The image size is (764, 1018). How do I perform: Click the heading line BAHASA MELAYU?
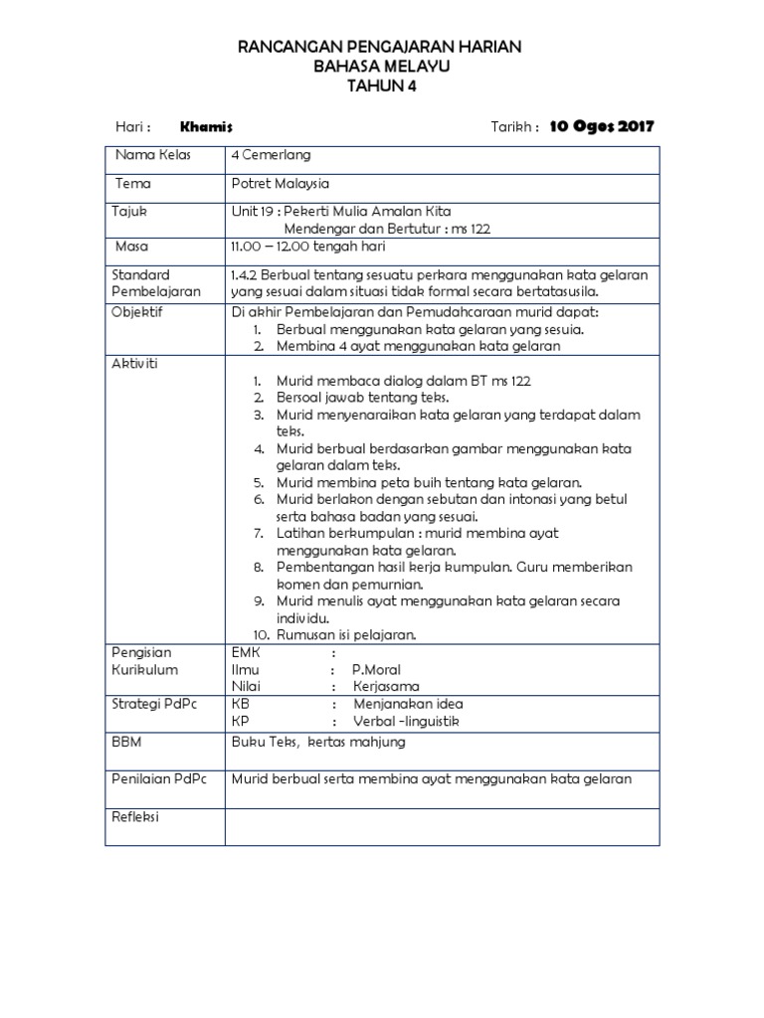382,67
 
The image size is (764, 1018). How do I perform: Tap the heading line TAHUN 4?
382,85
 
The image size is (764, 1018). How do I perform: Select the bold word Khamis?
206,127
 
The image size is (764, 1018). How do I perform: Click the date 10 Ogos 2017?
602,127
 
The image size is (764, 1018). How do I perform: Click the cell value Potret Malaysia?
280,184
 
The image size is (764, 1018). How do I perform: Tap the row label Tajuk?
129,212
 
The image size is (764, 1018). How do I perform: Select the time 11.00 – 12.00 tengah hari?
307,247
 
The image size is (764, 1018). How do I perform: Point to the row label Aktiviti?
134,364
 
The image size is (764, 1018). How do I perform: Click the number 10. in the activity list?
261,634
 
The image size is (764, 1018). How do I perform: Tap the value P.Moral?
376,670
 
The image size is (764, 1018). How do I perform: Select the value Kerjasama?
386,686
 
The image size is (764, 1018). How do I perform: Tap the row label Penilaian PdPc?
158,779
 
